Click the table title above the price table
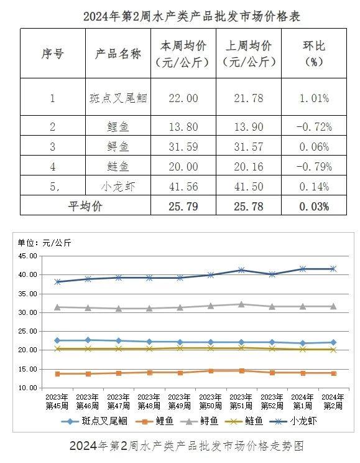point(192,16)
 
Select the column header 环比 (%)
point(314,54)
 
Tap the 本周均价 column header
point(183,54)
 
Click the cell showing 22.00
point(183,98)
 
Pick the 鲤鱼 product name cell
point(118,127)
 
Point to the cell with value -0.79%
point(314,167)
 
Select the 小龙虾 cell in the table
point(118,186)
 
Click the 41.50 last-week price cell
point(249,186)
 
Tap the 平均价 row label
point(85,206)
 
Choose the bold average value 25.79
point(183,207)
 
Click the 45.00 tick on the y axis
point(28,256)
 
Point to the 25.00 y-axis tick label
point(28,331)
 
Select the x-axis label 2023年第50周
point(210,401)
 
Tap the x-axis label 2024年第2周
point(333,401)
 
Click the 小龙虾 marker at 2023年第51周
point(241,270)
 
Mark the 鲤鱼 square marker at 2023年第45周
point(58,374)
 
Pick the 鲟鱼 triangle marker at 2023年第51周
point(241,304)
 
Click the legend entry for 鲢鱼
point(244,421)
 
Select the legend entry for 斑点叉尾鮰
point(95,421)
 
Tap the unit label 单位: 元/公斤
point(45,243)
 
